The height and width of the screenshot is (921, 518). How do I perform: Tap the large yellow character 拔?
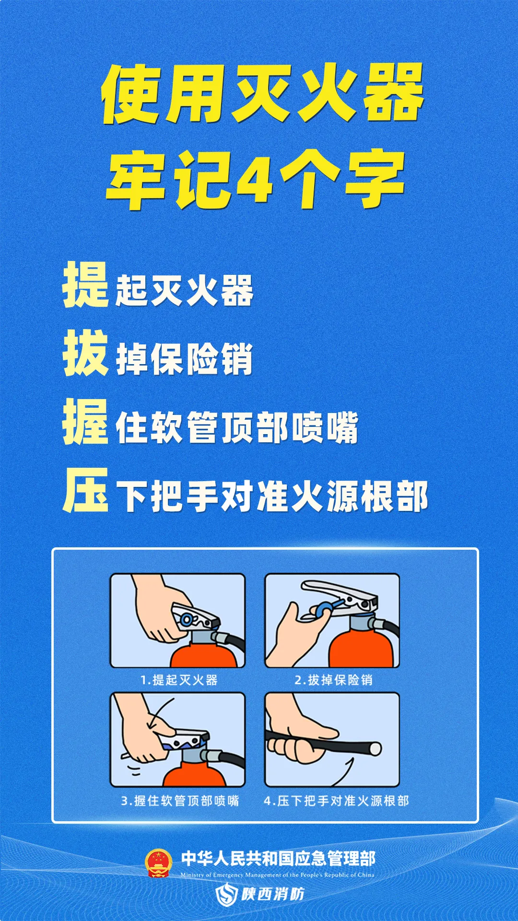click(x=85, y=353)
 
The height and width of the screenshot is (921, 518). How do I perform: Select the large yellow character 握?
click(x=85, y=422)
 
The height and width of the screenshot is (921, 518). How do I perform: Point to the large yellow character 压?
click(x=85, y=490)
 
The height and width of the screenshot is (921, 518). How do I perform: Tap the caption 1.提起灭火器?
click(x=179, y=680)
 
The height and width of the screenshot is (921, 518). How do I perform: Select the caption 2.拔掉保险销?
click(x=333, y=680)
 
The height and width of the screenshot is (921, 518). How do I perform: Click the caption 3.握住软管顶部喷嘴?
click(x=180, y=801)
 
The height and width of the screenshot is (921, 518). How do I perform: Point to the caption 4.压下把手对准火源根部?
click(x=336, y=801)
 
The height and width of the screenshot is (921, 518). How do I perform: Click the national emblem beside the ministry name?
click(x=159, y=863)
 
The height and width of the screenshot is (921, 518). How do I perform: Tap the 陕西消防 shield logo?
click(x=226, y=895)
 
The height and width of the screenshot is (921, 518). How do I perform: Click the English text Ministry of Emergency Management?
click(x=277, y=875)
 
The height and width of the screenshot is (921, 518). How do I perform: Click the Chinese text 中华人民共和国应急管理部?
click(x=278, y=859)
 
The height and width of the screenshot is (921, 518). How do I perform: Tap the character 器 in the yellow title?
click(x=393, y=94)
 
